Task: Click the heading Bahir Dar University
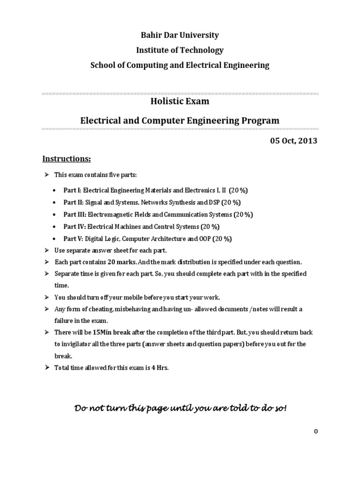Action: click(180, 35)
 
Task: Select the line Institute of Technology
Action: click(180, 50)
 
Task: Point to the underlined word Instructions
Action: click(67, 159)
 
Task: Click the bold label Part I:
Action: click(73, 191)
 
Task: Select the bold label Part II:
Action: click(74, 202)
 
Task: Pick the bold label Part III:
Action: click(75, 215)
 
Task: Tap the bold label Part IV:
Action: click(75, 227)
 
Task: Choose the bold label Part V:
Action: click(74, 239)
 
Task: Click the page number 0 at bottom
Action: click(316, 432)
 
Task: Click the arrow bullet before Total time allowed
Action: click(46, 368)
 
